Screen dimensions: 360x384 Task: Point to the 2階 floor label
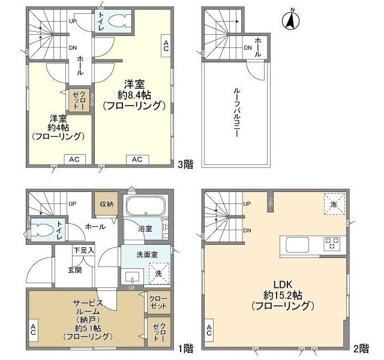click(x=362, y=347)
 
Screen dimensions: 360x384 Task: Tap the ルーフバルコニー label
click(x=236, y=115)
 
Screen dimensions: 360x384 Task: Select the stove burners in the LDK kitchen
click(x=332, y=244)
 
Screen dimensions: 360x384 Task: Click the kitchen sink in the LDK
click(x=296, y=245)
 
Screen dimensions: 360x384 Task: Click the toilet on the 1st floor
click(x=43, y=229)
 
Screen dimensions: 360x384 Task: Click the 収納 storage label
click(x=107, y=204)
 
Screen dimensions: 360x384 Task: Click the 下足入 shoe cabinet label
click(x=83, y=250)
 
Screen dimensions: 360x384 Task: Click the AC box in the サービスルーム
click(x=32, y=329)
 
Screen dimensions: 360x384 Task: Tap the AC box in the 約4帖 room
click(x=74, y=159)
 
